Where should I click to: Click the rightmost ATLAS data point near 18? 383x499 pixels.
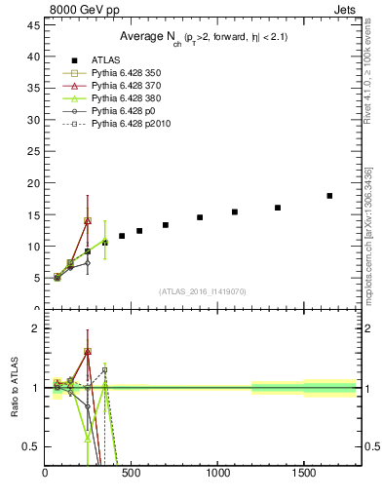point(329,196)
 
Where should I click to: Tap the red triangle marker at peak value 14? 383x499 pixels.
point(88,221)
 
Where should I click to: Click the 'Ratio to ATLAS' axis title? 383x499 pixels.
point(14,388)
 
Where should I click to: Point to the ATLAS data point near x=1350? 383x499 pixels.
point(278,208)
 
